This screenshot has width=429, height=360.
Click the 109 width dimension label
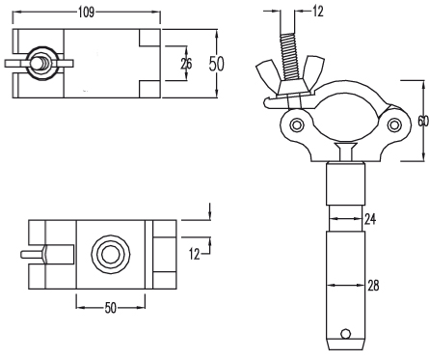tap(87, 13)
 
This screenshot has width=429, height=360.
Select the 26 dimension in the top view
tap(186, 64)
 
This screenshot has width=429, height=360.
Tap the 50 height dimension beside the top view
tap(216, 64)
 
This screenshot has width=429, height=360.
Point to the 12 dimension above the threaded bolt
tap(317, 12)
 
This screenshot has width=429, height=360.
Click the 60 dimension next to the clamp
tap(423, 121)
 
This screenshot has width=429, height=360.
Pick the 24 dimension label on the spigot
tap(370, 219)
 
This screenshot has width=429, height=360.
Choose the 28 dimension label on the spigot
tap(373, 286)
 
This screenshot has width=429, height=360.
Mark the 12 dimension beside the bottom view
tap(194, 254)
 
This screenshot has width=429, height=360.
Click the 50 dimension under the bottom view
tap(110, 308)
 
